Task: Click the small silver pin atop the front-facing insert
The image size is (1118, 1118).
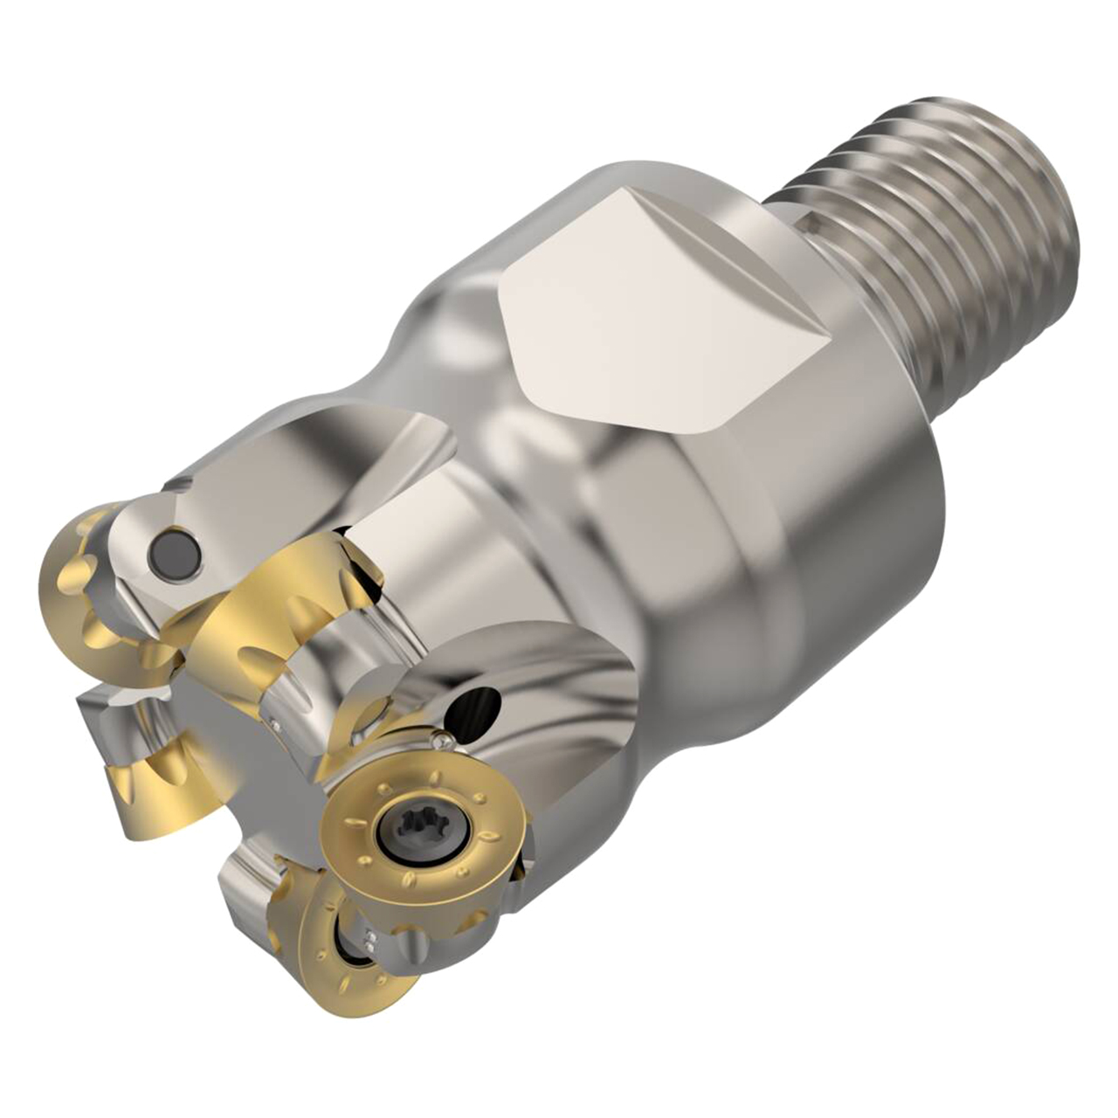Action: [x=441, y=742]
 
